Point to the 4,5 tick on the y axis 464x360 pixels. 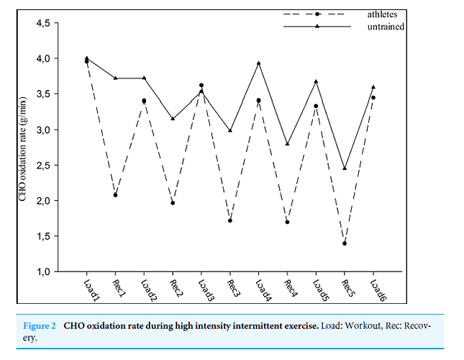[x=38, y=24]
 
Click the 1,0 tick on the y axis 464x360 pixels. [x=38, y=271]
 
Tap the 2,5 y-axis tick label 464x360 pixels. [x=38, y=166]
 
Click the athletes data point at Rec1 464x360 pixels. [x=115, y=195]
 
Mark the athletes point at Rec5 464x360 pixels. [x=345, y=243]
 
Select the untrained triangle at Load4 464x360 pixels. [x=258, y=63]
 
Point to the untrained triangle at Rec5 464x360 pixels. [x=345, y=168]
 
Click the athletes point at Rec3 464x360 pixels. [x=230, y=221]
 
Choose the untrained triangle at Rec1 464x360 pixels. [x=115, y=78]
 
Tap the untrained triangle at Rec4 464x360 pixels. [x=287, y=144]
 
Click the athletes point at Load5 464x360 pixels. [x=316, y=107]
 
